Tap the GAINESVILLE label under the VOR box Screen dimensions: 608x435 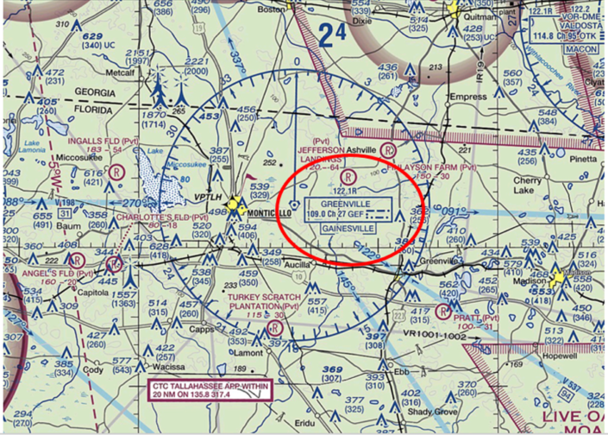click(x=348, y=229)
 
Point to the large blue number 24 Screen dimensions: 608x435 click(x=332, y=35)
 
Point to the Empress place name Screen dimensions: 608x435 click(x=468, y=97)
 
